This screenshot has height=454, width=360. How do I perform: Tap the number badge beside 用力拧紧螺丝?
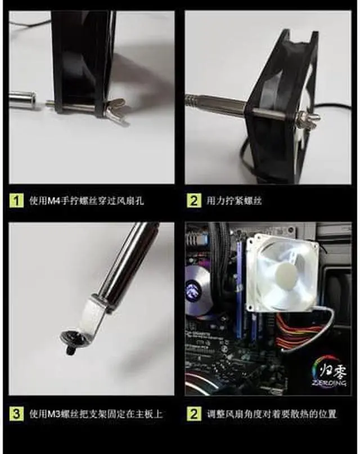[194, 200]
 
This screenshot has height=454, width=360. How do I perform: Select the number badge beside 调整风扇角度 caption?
[194, 414]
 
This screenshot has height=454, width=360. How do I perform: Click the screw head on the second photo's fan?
[310, 118]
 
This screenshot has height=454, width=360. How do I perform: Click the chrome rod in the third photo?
[127, 259]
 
